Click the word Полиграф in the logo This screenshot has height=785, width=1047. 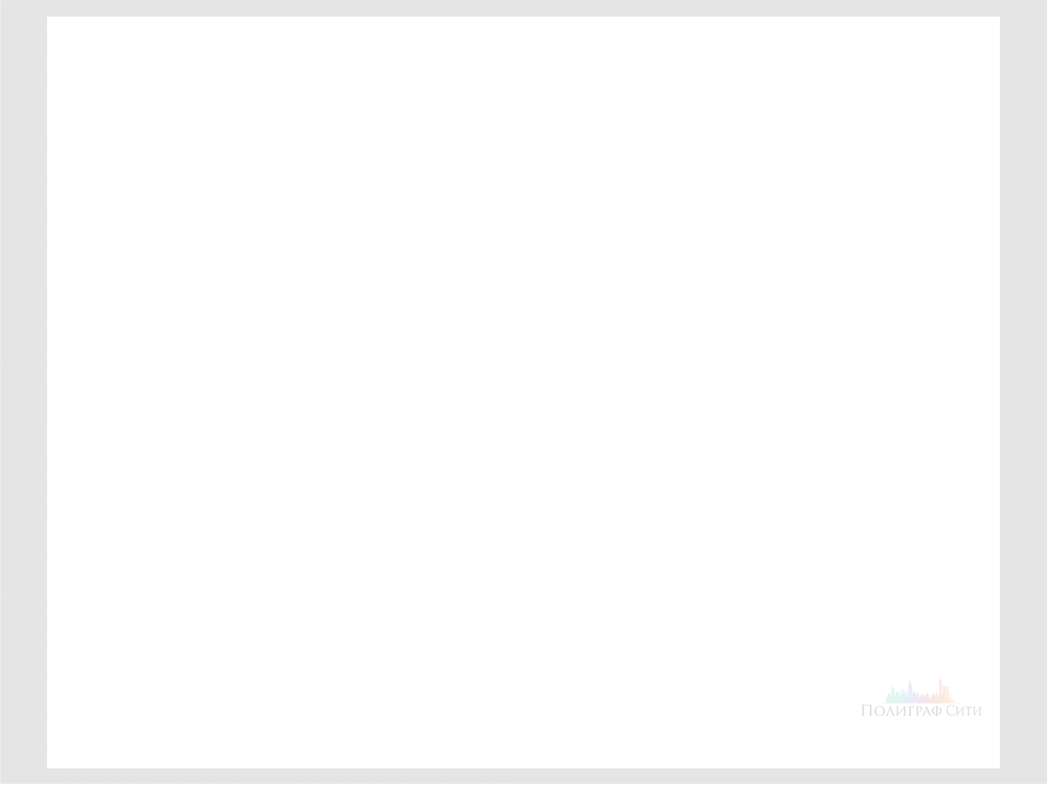click(x=901, y=711)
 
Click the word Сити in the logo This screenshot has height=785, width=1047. click(x=963, y=711)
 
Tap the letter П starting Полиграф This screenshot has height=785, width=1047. click(x=867, y=711)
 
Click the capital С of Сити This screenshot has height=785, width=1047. click(x=952, y=711)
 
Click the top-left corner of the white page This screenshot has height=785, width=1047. click(x=47, y=17)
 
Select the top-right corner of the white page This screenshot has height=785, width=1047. click(x=1000, y=17)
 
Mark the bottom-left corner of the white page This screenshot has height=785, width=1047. click(x=47, y=768)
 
